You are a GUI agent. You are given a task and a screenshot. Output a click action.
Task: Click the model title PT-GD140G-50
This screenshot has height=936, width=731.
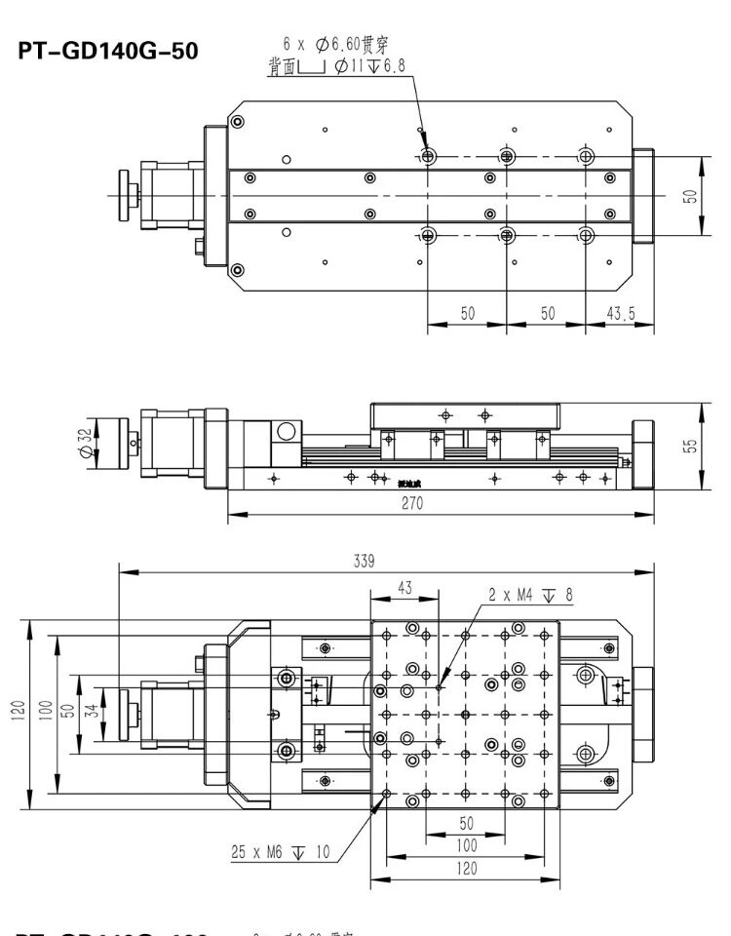click(x=108, y=51)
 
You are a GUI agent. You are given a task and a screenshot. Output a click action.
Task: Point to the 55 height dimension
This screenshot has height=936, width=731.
click(x=690, y=445)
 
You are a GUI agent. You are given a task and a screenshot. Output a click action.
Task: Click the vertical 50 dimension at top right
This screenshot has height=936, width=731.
click(x=690, y=196)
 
